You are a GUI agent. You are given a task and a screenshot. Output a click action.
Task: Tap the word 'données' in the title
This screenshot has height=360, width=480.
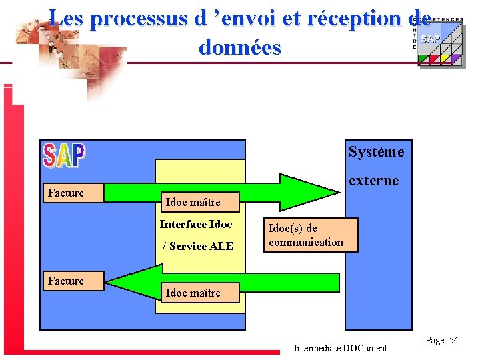point(239,47)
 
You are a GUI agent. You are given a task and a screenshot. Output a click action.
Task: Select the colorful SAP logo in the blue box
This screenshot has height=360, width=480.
point(64,155)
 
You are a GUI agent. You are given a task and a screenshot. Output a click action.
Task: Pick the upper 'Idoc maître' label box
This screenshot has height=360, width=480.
point(193,201)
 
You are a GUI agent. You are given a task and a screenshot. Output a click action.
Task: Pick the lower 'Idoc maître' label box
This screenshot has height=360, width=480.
point(193,293)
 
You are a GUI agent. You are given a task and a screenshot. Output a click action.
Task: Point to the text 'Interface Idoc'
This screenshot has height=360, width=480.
point(196,224)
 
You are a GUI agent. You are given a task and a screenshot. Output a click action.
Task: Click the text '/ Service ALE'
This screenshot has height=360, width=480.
point(198,246)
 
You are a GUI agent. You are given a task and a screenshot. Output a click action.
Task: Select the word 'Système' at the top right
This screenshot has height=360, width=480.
point(376,152)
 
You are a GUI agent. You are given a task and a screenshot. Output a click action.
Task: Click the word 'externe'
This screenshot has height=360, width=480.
point(374,180)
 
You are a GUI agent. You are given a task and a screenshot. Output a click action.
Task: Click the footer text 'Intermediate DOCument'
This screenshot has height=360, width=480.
point(340,348)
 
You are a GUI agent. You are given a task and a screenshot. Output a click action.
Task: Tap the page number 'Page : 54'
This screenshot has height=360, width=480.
point(442,340)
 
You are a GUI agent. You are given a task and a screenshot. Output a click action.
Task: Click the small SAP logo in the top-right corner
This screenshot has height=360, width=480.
point(431,39)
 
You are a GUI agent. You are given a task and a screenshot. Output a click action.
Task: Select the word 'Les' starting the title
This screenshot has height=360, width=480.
point(65,19)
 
